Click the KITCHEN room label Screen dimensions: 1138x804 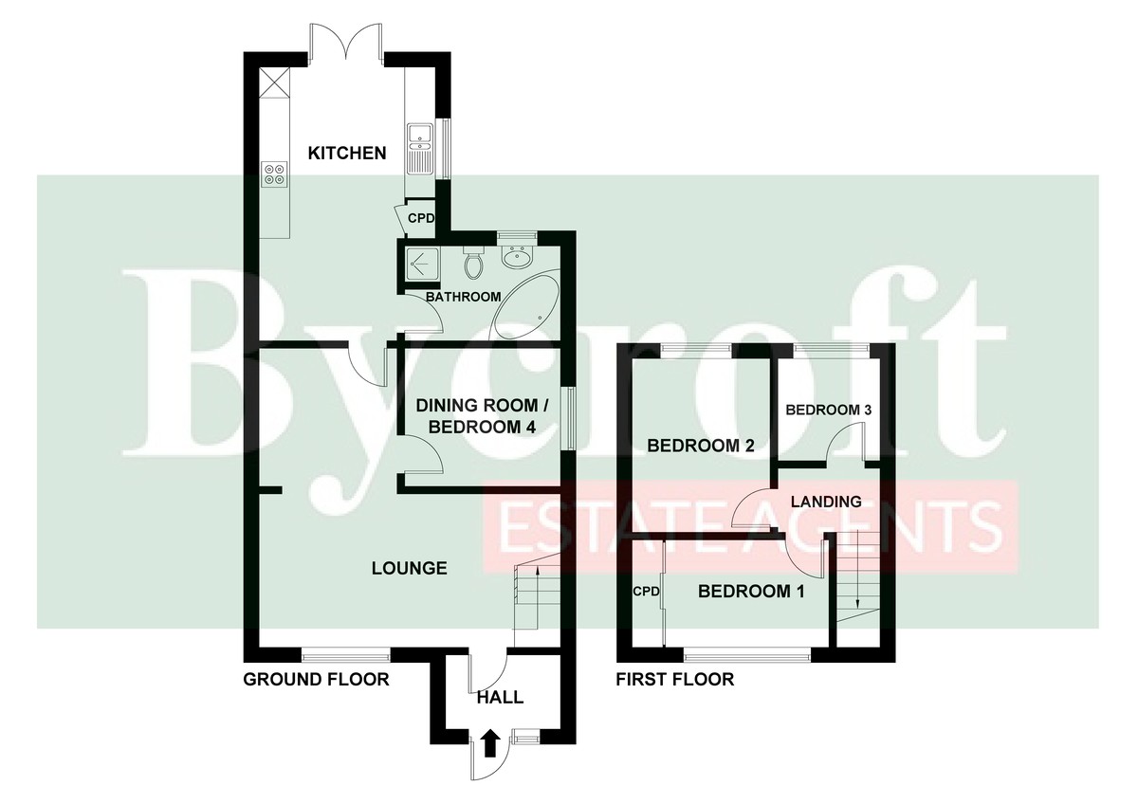click(347, 153)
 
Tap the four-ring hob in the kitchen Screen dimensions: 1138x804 click(274, 174)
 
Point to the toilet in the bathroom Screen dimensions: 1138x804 click(473, 263)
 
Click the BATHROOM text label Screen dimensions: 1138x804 click(464, 297)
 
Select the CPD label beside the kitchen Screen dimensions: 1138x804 click(421, 218)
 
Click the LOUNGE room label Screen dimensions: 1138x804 click(410, 568)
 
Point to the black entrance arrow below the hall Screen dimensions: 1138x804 click(489, 743)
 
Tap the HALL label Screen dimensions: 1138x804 click(500, 698)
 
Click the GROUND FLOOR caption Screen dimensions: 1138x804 click(316, 679)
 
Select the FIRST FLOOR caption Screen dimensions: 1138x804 click(674, 679)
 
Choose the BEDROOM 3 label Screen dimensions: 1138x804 click(829, 410)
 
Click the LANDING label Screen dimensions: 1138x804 click(826, 502)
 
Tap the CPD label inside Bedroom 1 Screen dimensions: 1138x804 click(646, 592)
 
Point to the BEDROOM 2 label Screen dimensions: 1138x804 click(701, 446)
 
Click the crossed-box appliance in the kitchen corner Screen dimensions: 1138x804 click(274, 82)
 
